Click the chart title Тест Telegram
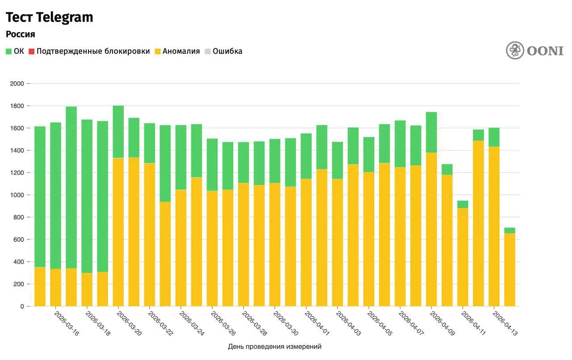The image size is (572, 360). click(x=49, y=17)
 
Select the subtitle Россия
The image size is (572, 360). click(x=20, y=34)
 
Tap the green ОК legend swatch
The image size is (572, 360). click(x=8, y=51)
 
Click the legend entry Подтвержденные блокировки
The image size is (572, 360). click(x=93, y=51)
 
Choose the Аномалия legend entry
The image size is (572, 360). click(x=181, y=51)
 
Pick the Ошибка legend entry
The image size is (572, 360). click(x=227, y=51)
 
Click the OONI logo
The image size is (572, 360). click(x=534, y=50)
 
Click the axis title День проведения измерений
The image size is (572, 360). click(x=274, y=347)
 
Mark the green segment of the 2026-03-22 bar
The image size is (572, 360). click(x=150, y=143)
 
